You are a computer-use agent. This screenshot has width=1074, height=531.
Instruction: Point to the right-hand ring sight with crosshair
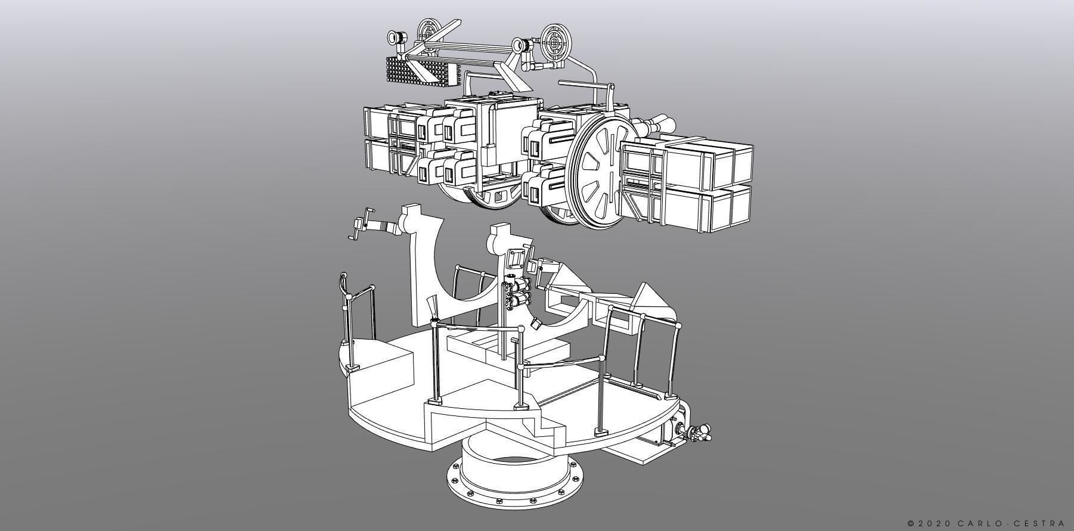[x=558, y=41]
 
